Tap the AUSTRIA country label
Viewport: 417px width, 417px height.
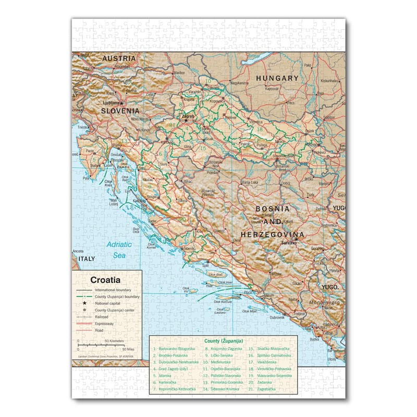[119, 58]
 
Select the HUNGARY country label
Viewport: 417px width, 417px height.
[277, 78]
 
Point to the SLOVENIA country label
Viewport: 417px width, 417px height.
[120, 111]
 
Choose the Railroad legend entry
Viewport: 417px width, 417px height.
[102, 317]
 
